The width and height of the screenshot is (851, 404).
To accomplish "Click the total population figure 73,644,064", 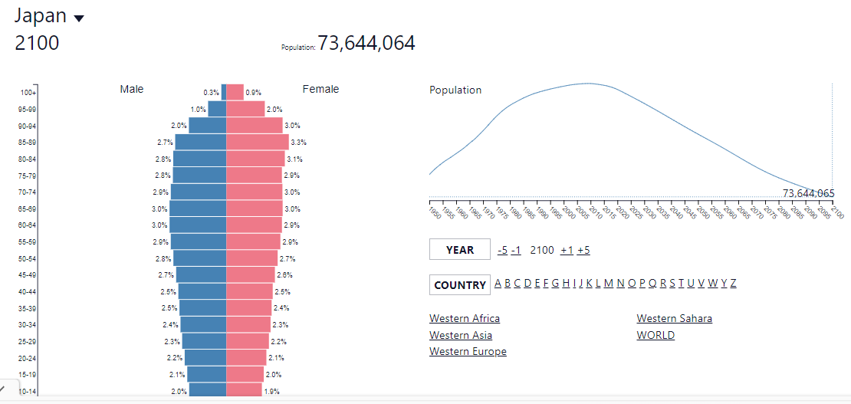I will click(366, 43).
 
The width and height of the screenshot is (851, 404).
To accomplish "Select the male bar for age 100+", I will click(224, 92).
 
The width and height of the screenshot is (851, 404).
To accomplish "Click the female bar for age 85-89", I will click(258, 142).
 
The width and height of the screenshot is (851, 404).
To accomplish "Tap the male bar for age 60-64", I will click(198, 225).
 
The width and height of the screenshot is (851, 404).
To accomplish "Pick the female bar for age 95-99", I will click(245, 109).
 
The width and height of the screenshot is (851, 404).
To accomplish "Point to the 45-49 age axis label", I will click(28, 274).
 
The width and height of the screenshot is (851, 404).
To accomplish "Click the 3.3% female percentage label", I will click(299, 143).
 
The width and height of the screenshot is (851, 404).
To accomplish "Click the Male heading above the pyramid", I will click(132, 89).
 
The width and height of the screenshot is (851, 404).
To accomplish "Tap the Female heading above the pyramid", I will click(320, 89).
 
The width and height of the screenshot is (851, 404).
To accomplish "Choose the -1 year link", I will click(516, 250).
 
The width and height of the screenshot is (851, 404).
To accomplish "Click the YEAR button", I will click(460, 250).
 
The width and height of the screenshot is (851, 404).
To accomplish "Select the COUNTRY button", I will click(460, 285).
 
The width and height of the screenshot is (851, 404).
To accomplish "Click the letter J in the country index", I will click(581, 283).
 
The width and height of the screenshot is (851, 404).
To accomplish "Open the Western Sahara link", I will click(674, 318).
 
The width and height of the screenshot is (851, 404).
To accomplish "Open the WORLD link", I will click(655, 335).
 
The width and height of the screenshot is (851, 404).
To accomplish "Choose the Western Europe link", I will click(468, 352).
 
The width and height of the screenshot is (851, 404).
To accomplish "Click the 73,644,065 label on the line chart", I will click(808, 193).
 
